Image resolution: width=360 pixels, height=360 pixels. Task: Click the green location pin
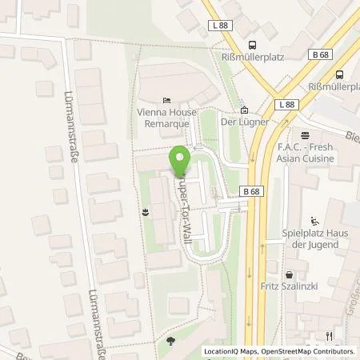(x=180, y=158)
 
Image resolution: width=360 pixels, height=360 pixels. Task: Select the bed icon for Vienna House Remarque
(x=166, y=101)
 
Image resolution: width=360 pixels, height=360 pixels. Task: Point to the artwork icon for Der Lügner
(x=244, y=111)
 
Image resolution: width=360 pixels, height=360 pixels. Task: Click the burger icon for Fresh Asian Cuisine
(x=305, y=134)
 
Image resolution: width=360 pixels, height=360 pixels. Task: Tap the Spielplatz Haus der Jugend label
(x=314, y=240)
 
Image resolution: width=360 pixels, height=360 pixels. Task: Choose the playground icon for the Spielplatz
(x=314, y=222)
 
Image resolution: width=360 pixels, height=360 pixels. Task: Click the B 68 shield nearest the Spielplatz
(x=249, y=191)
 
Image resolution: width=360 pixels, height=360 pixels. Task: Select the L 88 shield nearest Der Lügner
(x=286, y=105)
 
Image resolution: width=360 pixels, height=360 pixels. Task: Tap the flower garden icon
(x=146, y=212)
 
